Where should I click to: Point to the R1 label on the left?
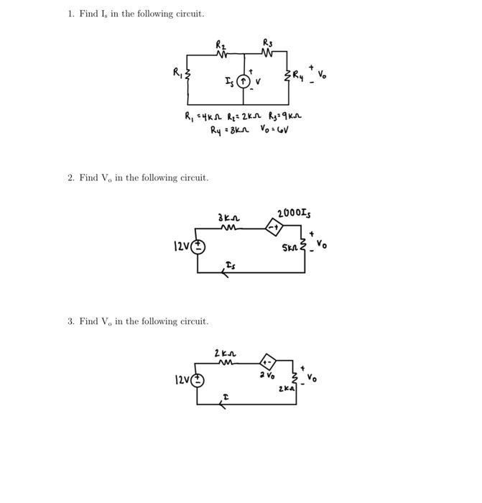177,72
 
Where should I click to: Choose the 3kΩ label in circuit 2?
228,216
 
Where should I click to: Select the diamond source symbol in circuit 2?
273,228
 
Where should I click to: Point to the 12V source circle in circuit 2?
198,246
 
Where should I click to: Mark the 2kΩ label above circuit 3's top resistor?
223,353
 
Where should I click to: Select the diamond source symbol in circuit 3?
267,361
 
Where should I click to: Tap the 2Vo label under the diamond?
268,376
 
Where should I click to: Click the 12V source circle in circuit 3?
198,380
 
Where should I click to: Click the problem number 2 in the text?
70,177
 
